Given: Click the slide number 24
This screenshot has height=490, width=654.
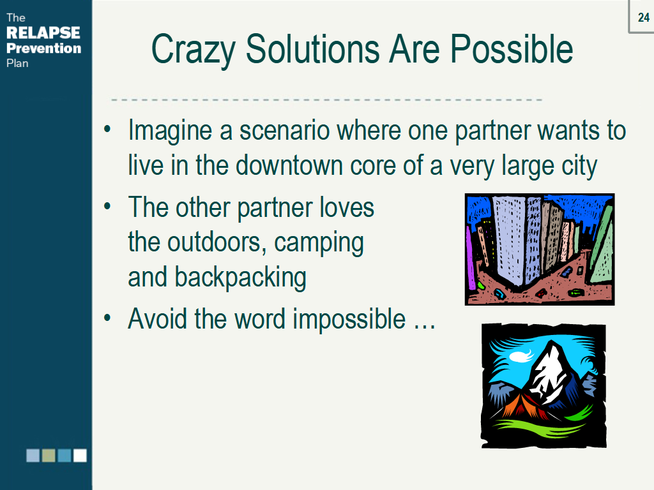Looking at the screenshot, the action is pos(644,17).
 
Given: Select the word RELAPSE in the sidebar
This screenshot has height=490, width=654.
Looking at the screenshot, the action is pos(43,33).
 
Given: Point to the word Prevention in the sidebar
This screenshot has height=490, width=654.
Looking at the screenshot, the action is pos(44,48).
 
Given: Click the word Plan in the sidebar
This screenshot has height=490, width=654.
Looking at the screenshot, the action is pos(17,63).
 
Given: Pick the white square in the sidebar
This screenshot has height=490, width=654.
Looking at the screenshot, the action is pos(80,456).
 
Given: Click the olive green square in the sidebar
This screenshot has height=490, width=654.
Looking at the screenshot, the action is pos(49,456).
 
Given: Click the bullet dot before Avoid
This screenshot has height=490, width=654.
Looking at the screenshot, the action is pos(107,318).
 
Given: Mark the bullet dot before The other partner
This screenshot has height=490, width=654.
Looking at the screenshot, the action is pos(107,206).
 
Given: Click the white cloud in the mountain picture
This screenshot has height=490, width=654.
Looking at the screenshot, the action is pos(521,356).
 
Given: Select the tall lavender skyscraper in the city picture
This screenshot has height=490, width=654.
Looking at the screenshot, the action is pos(508,240).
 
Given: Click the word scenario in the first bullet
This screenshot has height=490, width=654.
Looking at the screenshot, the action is pos(284,130).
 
